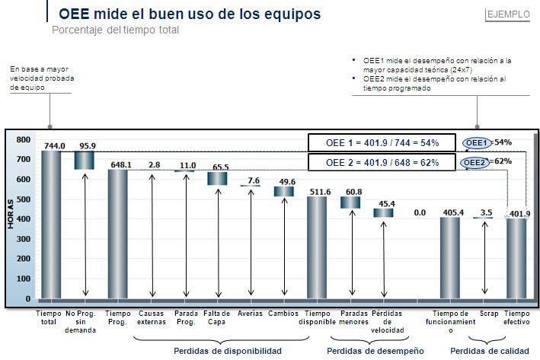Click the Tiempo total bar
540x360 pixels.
coord(50,225)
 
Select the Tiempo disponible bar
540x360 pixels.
coord(316,247)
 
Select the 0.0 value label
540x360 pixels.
coord(419,214)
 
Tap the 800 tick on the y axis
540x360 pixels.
coord(24,140)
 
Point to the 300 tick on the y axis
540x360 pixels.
coord(24,239)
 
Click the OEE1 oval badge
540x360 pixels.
coord(478,142)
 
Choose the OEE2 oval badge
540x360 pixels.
coord(476,162)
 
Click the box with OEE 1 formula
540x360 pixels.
coord(382,143)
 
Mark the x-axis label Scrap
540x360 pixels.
coord(489,313)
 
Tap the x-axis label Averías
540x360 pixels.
coord(251,313)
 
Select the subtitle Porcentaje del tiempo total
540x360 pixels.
coord(116,30)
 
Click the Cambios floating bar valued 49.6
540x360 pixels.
coord(284,192)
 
